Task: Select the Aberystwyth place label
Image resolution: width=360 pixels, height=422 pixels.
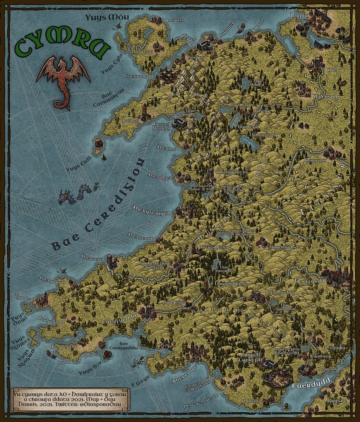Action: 151,212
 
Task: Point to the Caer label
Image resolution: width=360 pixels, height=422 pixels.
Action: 332,70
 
